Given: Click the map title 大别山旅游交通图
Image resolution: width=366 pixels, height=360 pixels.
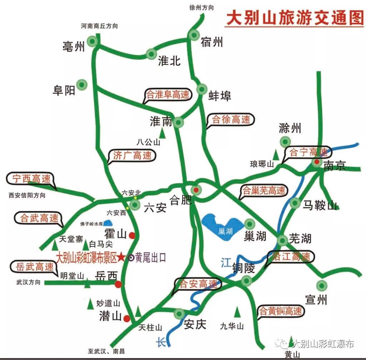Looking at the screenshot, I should pyautogui.click(x=295, y=18).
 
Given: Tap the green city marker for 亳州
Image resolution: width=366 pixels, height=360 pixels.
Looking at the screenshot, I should pyautogui.click(x=93, y=41).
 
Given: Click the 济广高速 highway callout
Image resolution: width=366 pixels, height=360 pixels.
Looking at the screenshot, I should pyautogui.click(x=132, y=155).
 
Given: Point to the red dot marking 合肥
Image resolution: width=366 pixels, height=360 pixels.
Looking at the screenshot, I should pyautogui.click(x=196, y=189).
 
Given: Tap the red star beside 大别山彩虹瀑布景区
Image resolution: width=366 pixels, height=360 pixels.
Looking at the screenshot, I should pyautogui.click(x=122, y=257).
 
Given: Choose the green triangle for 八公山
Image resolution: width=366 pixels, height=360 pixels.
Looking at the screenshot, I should pyautogui.click(x=162, y=133).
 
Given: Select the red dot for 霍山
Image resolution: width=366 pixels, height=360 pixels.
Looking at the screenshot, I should pyautogui.click(x=132, y=235).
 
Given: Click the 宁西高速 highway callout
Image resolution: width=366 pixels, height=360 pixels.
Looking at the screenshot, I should pyautogui.click(x=31, y=179).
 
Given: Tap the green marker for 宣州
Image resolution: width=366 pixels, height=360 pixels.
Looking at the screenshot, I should pyautogui.click(x=322, y=285).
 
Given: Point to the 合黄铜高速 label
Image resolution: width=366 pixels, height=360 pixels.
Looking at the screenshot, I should pyautogui.click(x=281, y=311).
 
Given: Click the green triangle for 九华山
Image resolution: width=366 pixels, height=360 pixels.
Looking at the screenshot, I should pyautogui.click(x=237, y=312).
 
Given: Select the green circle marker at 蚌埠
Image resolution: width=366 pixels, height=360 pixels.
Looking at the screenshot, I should pyautogui.click(x=202, y=89).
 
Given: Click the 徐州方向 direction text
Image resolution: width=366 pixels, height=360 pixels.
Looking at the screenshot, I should pyautogui.click(x=202, y=7).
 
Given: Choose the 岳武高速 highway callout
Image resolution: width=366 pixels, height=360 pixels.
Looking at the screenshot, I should pyautogui.click(x=35, y=266).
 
